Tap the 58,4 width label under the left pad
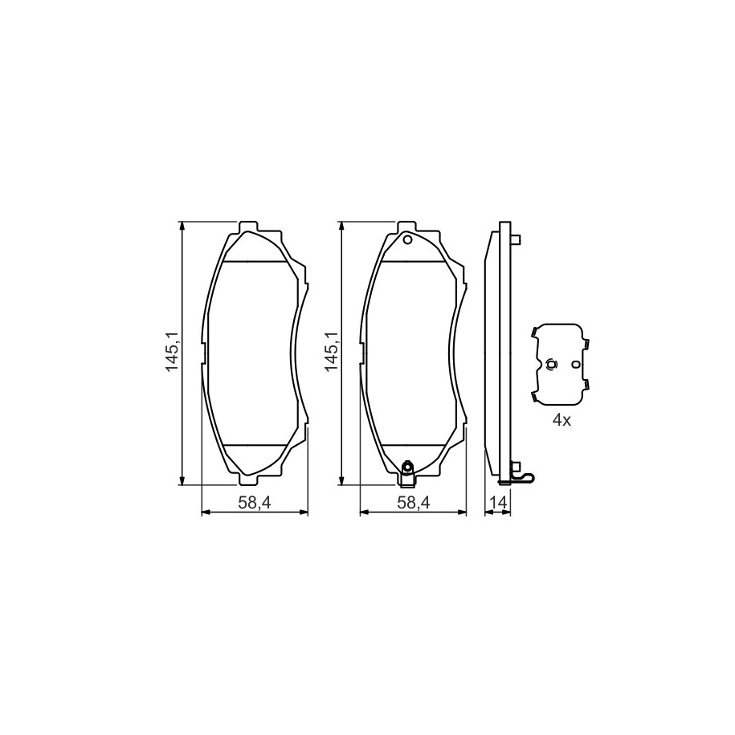[x=255, y=503]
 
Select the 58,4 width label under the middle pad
[x=414, y=503]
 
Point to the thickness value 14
[x=498, y=503]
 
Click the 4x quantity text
[x=561, y=420]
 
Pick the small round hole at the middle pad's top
[x=407, y=240]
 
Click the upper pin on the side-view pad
[x=516, y=240]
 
